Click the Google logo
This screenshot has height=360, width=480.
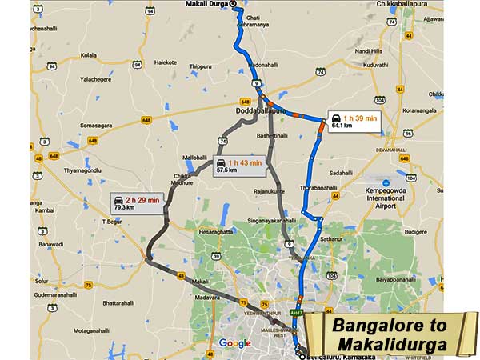point(234,343)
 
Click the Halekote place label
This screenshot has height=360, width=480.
point(166,62)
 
